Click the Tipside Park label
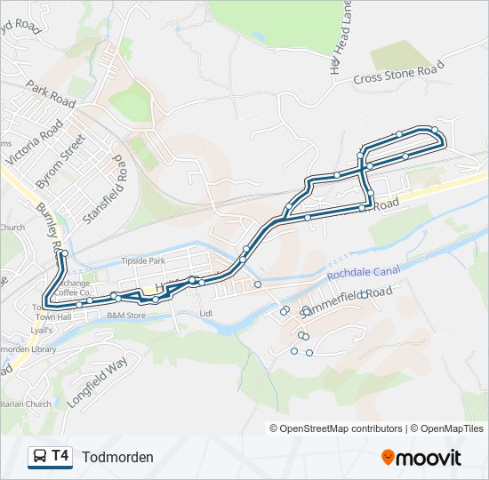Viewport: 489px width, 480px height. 142,261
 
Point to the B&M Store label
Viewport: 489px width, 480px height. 125,316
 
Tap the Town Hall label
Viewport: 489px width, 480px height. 54,317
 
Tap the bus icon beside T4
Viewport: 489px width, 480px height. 40,457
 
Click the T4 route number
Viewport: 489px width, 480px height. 60,456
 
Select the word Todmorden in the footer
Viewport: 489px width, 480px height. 117,457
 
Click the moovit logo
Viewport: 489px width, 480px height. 421,457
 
